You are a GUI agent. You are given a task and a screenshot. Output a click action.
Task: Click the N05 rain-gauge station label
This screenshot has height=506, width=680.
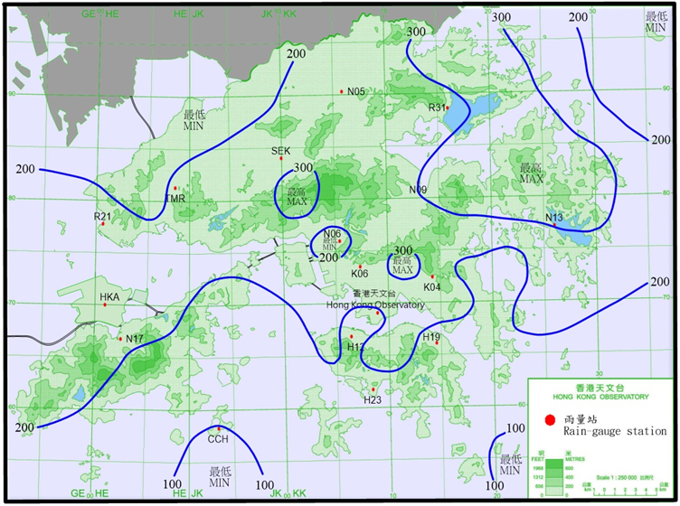point(355,91)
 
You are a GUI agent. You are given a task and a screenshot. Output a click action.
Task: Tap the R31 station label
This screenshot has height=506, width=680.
point(437,107)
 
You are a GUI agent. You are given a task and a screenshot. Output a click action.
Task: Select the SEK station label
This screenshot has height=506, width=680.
point(280,151)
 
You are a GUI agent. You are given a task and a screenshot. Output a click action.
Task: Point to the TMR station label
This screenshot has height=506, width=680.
point(175,198)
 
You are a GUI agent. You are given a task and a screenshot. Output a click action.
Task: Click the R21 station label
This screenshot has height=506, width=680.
point(102,216)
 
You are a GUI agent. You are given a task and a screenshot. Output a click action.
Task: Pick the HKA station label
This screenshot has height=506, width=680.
point(109,296)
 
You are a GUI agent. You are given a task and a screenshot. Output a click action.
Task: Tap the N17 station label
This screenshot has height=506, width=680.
point(135,339)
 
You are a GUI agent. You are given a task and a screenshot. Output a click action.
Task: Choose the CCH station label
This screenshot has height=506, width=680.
point(218,439)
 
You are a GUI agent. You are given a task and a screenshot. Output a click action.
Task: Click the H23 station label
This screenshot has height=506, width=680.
point(373,399)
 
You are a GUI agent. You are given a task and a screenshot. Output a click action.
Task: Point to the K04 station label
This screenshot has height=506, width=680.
point(432,286)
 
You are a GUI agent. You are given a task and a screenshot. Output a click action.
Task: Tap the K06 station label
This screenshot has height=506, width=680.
point(360,273)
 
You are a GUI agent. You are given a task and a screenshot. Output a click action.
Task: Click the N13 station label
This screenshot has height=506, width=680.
point(554,218)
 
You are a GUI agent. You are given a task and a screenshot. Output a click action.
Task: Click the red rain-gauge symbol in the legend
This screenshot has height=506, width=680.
point(549,419)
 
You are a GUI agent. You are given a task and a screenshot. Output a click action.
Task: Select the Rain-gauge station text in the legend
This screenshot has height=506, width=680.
point(615,431)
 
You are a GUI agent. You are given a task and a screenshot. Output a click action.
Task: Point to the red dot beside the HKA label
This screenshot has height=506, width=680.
point(105,305)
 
